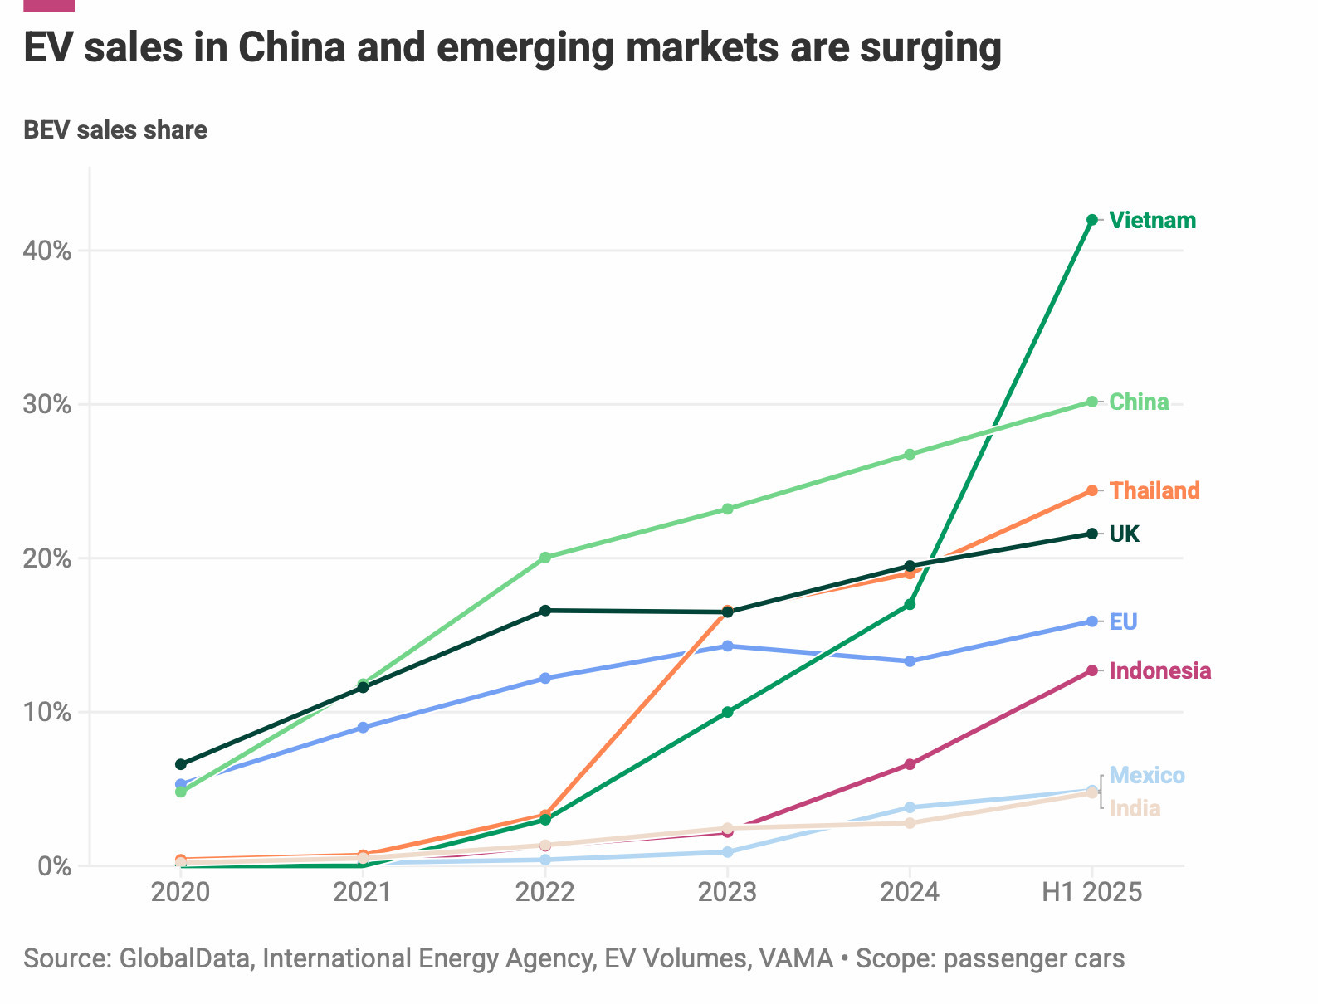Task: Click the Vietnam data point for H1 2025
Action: [x=1092, y=220]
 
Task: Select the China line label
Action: [x=1139, y=402]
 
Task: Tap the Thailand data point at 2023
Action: [x=727, y=611]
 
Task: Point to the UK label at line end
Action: [x=1124, y=534]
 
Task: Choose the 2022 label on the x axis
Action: [x=544, y=893]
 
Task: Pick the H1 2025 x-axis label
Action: [x=1091, y=893]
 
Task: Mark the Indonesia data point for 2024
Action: [x=910, y=764]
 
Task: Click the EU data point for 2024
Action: [x=910, y=661]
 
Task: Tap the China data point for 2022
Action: [x=545, y=558]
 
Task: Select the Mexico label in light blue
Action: [x=1146, y=776]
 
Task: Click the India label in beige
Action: [x=1135, y=809]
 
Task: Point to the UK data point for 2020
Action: [x=181, y=764]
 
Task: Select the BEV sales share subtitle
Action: [x=115, y=130]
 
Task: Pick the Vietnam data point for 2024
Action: [x=910, y=604]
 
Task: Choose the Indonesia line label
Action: [x=1159, y=671]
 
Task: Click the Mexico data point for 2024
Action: [x=910, y=807]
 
